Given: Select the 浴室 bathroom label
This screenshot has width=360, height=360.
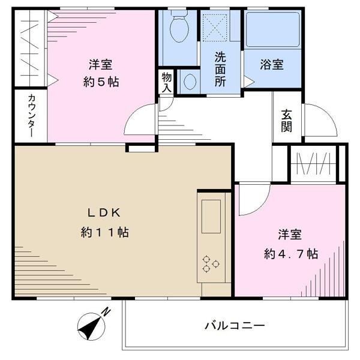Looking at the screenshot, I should click(x=272, y=64).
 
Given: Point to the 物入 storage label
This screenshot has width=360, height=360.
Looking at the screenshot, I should click(x=166, y=83).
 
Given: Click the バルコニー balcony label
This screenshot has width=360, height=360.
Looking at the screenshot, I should click(x=234, y=326).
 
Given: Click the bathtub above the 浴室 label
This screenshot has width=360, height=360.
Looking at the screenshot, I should click(x=272, y=30).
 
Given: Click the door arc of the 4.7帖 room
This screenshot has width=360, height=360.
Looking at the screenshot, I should click(x=251, y=202).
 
